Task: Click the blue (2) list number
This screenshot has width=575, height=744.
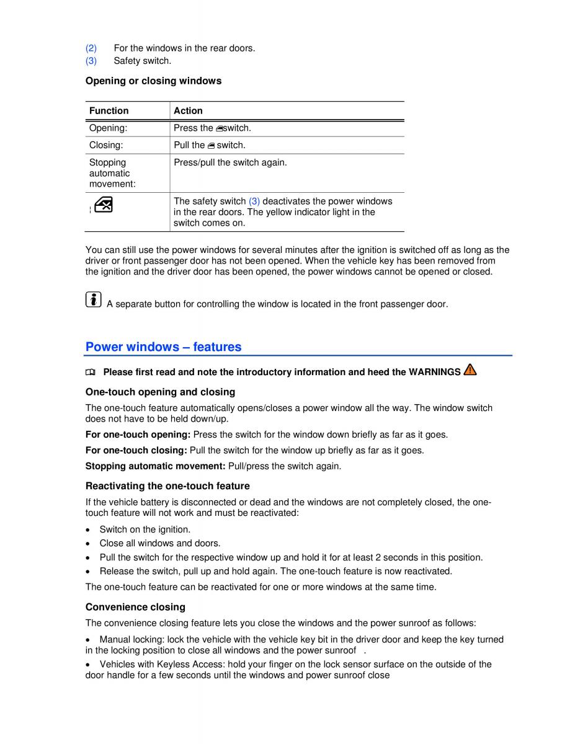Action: (x=91, y=48)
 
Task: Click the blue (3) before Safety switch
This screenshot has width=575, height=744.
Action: (x=91, y=61)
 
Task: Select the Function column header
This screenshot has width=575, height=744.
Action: (x=109, y=111)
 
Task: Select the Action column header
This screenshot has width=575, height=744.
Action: (x=188, y=111)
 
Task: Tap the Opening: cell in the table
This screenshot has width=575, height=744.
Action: (x=108, y=128)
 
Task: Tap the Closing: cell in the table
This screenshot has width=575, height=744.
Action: (x=106, y=145)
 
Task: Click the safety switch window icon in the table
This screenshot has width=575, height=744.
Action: (x=104, y=205)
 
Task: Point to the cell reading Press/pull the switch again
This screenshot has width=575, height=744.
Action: (x=230, y=162)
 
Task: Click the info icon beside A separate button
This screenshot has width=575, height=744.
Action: (x=93, y=300)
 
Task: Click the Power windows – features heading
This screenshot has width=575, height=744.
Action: (x=163, y=347)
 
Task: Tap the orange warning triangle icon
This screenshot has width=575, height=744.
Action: (x=470, y=370)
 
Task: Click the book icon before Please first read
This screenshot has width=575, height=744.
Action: (x=91, y=373)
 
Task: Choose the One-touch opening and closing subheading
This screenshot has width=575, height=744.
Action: (x=160, y=392)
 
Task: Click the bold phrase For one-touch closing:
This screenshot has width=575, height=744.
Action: (x=136, y=450)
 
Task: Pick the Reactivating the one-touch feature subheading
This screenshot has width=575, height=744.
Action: (x=167, y=486)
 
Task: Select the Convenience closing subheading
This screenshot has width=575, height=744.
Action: (x=135, y=607)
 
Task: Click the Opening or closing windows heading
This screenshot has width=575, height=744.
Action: (x=153, y=81)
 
